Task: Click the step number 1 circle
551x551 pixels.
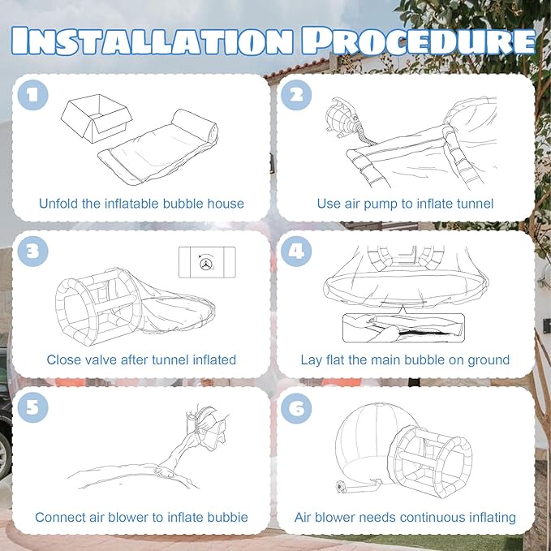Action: pos(32,95)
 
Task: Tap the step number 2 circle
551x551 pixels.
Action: pos(296,95)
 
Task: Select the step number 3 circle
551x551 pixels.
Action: pos(32,252)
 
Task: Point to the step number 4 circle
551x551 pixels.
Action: pos(296,252)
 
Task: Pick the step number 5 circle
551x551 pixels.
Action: pos(32,407)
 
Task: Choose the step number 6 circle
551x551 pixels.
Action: pos(296,408)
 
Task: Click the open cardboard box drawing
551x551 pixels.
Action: pos(97,118)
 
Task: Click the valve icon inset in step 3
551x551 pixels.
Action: pos(207,262)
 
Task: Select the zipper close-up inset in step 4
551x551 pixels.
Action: pos(403,328)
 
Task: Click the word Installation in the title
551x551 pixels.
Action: pos(152,41)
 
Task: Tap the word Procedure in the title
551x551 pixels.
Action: pos(418,41)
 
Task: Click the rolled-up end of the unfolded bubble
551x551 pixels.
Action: pos(194,126)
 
